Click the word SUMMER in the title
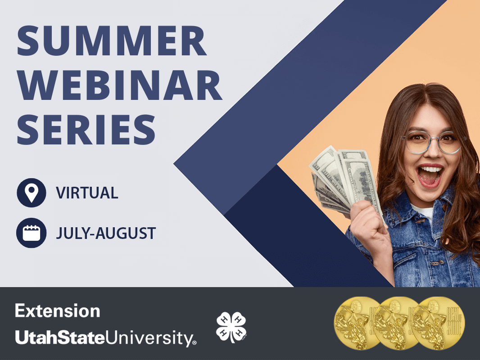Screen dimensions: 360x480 point(112,42)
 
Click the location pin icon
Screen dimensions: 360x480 point(31,193)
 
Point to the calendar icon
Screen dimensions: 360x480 point(31,233)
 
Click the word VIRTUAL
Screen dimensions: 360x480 point(87,193)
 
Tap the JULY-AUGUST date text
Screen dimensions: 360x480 point(106,234)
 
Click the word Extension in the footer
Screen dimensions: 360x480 point(58,311)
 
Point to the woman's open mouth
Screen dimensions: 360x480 point(430,175)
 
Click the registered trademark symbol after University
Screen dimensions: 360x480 point(195,343)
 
